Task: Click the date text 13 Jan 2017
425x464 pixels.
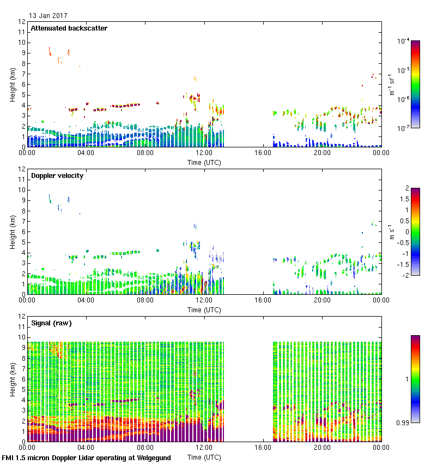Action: click(48, 16)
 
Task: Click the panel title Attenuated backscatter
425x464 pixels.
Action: click(69, 28)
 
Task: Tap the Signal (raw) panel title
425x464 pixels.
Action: click(52, 323)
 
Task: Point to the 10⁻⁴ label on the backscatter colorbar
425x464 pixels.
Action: click(403, 41)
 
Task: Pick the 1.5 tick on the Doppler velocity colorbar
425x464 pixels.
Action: click(403, 199)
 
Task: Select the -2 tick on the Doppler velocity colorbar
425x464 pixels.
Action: click(405, 275)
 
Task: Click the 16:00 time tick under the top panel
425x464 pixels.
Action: click(263, 153)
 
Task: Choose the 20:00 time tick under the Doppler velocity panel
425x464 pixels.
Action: click(322, 301)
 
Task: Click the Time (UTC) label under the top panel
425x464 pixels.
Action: click(204, 163)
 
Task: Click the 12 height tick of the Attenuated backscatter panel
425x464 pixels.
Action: click(22, 22)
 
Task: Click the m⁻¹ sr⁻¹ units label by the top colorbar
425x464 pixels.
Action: click(392, 85)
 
